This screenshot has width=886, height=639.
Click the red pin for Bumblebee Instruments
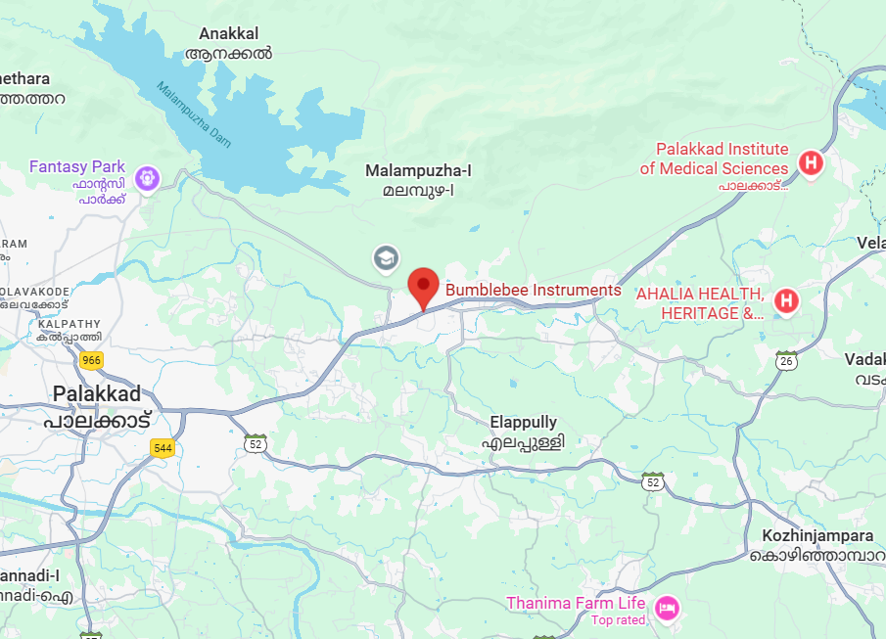[x=423, y=287]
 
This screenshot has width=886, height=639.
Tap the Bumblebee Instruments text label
[x=534, y=290]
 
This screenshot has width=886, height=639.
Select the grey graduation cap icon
[x=386, y=258]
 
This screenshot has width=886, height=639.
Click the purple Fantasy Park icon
[x=148, y=178]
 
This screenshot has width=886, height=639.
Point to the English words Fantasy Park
[x=79, y=166]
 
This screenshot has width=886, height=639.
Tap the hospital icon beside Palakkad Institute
[x=811, y=162]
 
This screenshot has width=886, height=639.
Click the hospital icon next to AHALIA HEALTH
[x=786, y=301]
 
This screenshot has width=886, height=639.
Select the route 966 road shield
[x=92, y=360]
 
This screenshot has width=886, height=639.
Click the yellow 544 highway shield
[x=163, y=448]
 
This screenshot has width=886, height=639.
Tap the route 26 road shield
[x=786, y=361]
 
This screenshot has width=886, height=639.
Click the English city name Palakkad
[x=100, y=393]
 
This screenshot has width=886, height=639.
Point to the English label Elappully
[x=523, y=423]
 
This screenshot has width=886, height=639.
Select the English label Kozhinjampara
[x=817, y=536]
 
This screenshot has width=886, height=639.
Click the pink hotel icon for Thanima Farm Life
[x=667, y=607]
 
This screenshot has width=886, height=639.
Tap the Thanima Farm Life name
[x=576, y=603]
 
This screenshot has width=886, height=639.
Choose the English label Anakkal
[x=229, y=33]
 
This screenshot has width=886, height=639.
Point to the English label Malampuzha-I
[x=418, y=170]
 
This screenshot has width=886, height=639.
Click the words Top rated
[x=618, y=620]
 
